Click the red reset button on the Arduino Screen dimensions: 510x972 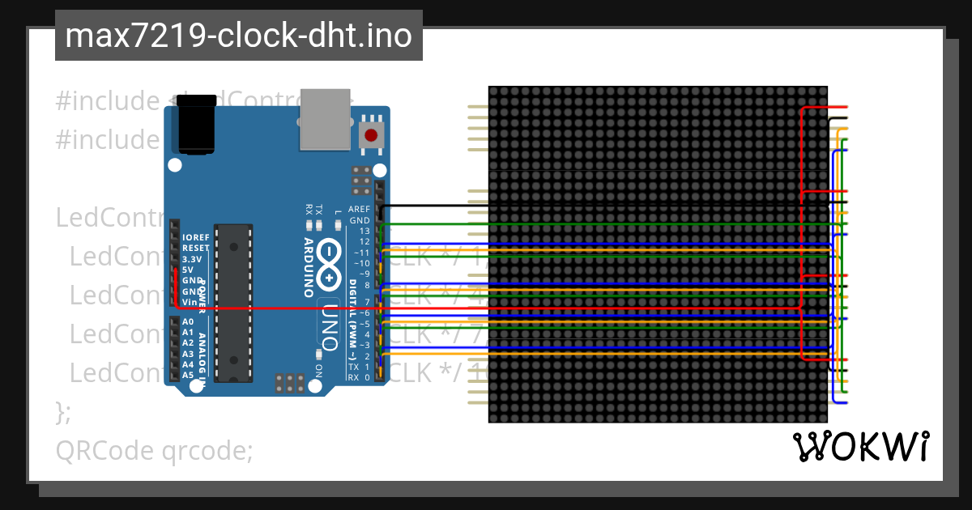coord(371,135)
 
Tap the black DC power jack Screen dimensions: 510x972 coord(195,129)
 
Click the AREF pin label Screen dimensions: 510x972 coord(359,209)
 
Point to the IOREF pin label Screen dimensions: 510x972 coord(196,237)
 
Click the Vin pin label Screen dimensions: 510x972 coord(190,301)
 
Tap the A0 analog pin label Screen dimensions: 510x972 coord(188,322)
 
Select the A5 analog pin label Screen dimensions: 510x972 coord(188,375)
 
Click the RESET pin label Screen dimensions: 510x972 coord(196,248)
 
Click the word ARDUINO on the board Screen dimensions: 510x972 coord(309,267)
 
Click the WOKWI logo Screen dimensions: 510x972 coord(860,446)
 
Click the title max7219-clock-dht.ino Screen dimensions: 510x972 coord(238,36)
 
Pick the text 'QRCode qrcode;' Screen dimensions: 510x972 coord(154,450)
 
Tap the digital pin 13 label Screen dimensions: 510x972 coord(364,231)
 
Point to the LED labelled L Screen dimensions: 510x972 coord(337,223)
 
